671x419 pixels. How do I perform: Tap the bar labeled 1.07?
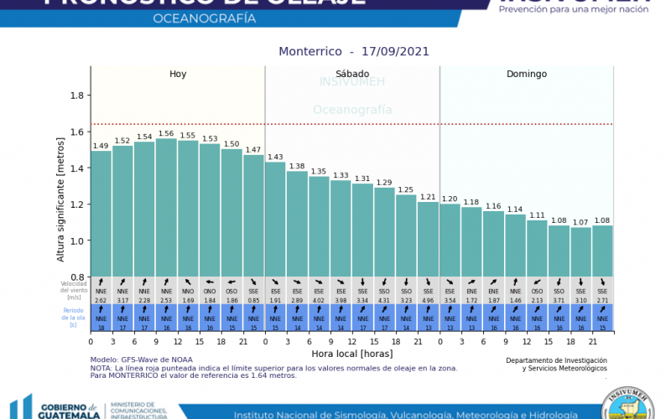pyautogui.click(x=580, y=251)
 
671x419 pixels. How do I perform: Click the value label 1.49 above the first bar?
pyautogui.click(x=101, y=146)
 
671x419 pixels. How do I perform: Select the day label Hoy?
pyautogui.click(x=178, y=74)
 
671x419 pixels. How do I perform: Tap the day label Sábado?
pyautogui.click(x=352, y=74)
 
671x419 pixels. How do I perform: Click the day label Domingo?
pyautogui.click(x=527, y=74)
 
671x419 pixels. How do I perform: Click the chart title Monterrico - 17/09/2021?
pyautogui.click(x=354, y=51)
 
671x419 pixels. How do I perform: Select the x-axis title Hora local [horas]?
pyautogui.click(x=352, y=354)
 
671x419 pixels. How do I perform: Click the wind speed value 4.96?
pyautogui.click(x=428, y=299)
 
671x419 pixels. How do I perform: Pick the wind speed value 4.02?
pyautogui.click(x=319, y=299)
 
